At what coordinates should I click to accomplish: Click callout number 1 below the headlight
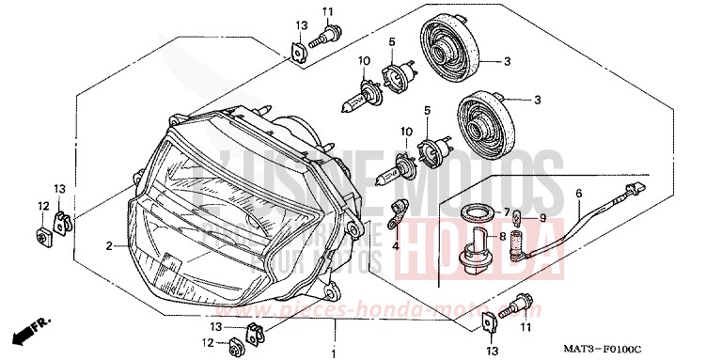coord(332,352)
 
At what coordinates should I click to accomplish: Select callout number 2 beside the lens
coord(109,245)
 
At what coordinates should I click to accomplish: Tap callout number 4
coord(396,245)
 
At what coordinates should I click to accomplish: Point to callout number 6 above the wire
coord(579,195)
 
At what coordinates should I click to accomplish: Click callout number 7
coord(505,211)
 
